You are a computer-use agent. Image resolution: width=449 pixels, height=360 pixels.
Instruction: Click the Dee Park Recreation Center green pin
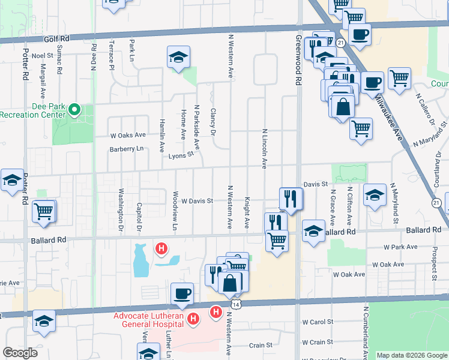coord(74,110)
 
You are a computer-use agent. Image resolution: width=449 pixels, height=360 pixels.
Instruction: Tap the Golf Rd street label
coord(56,38)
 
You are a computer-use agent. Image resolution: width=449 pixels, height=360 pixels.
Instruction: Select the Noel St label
coord(43,56)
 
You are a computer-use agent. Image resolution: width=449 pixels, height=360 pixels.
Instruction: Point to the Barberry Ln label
coord(127,148)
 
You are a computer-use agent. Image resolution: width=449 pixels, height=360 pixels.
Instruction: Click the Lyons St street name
coord(181,154)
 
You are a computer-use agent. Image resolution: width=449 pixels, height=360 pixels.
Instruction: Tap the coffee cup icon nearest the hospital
coord(182,293)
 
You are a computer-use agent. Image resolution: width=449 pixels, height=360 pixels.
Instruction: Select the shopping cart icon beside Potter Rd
coord(44,211)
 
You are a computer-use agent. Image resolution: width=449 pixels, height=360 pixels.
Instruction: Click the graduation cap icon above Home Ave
coord(178,57)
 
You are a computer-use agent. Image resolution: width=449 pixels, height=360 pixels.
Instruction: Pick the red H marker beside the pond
coord(161,247)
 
